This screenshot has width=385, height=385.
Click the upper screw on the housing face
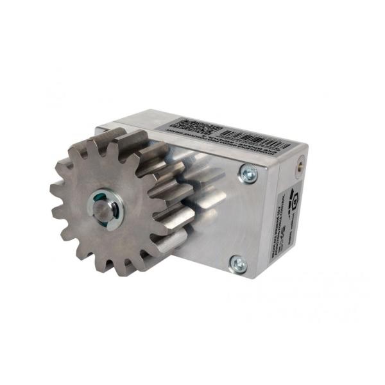[248, 173]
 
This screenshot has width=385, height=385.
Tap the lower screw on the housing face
[237, 263]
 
